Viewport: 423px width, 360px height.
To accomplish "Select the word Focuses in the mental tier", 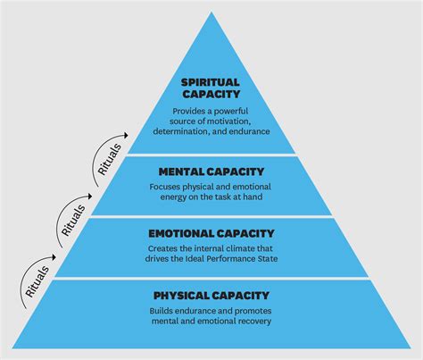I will [169, 188].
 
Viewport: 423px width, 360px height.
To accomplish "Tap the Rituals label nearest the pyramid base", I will [37, 280].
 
